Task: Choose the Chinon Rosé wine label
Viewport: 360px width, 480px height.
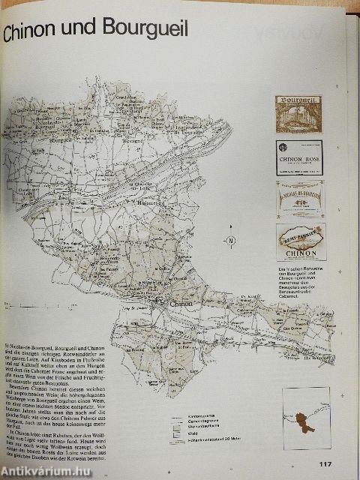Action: [x=298, y=157]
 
